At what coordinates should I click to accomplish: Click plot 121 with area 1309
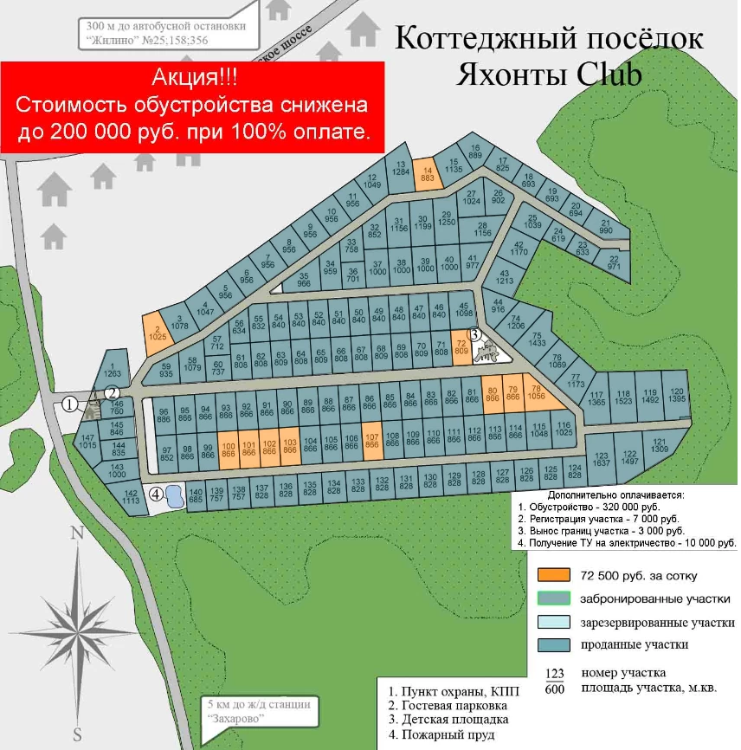pyautogui.click(x=660, y=445)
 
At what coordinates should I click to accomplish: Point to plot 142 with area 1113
pyautogui.click(x=132, y=496)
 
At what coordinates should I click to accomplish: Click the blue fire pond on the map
pyautogui.click(x=173, y=496)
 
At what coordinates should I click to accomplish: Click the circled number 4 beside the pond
pyautogui.click(x=156, y=495)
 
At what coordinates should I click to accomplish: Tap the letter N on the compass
pyautogui.click(x=76, y=533)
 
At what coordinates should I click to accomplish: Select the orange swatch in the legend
pyautogui.click(x=553, y=575)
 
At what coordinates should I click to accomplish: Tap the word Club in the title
pyautogui.click(x=609, y=75)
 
